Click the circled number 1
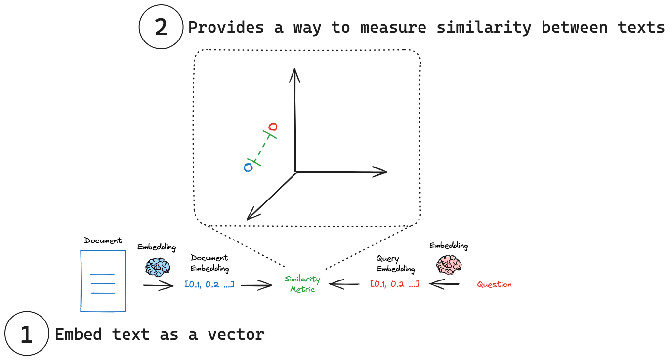26,334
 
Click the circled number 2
161,27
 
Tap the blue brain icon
158,267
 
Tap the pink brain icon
449,264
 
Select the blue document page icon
103,280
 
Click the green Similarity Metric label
302,284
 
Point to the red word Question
494,284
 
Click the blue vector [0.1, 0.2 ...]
209,284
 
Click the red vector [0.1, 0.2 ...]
395,284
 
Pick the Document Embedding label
209,263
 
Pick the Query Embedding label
395,264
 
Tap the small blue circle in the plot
249,168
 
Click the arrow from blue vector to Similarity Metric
256,284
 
